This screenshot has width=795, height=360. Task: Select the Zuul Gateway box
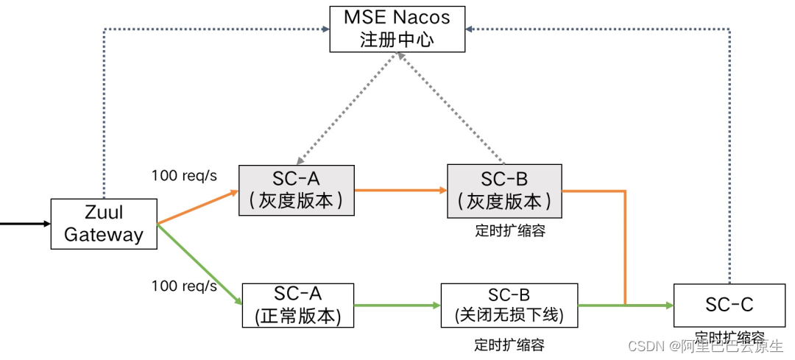(104, 224)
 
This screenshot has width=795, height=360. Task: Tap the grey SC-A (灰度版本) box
(297, 190)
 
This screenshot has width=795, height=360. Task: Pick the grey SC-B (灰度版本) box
(504, 190)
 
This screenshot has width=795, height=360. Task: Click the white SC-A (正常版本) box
(297, 305)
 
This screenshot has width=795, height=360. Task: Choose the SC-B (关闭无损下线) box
(509, 305)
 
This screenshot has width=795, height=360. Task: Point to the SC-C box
(729, 305)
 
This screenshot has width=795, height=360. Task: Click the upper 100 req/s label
(184, 176)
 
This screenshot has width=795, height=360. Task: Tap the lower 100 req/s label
(184, 286)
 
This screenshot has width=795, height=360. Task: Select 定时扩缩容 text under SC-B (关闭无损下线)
(510, 345)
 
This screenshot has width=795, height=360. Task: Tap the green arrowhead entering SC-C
(666, 305)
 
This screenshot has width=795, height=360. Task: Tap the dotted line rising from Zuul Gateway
(104, 110)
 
